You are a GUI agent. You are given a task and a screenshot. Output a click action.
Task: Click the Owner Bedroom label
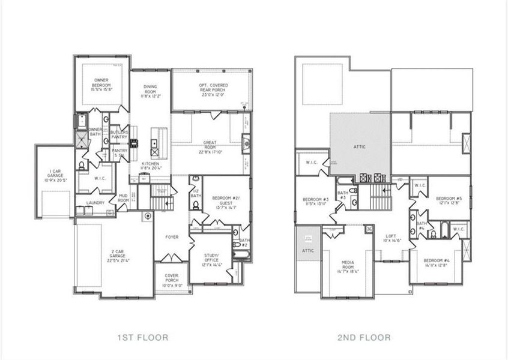tap(100, 84)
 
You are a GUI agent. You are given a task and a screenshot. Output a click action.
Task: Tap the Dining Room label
tap(144, 91)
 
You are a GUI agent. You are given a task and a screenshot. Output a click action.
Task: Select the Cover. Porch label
tap(172, 280)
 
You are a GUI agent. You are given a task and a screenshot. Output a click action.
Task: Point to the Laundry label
tap(95, 203)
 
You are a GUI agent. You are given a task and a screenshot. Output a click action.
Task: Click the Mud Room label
tap(123, 199)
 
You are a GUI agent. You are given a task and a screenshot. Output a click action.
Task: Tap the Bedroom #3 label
tap(315, 202)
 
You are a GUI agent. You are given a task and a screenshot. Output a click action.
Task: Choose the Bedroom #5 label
tap(449, 201)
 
